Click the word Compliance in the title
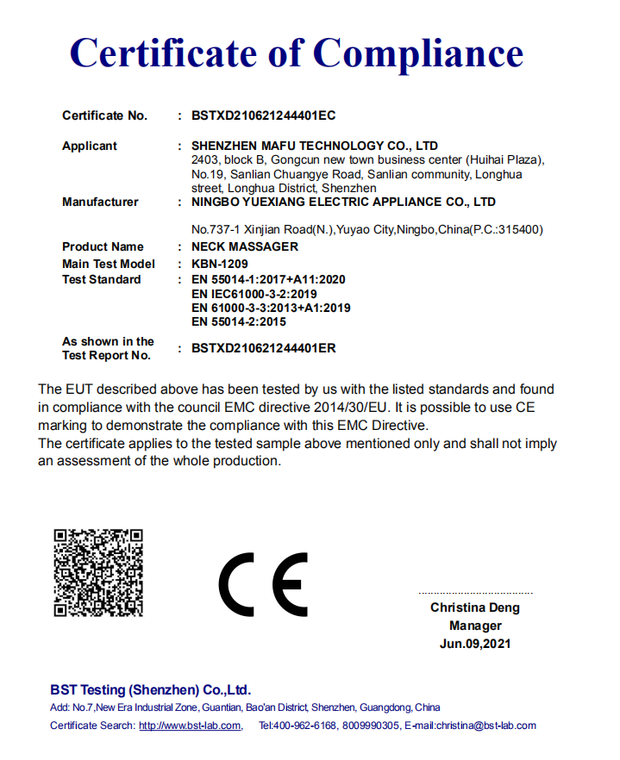click(418, 53)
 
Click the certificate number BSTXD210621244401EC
click(263, 115)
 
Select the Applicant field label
click(90, 146)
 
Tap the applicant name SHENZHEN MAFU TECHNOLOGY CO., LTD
click(314, 146)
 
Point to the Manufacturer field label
click(100, 202)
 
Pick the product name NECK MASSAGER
click(244, 246)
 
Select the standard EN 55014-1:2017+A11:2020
click(267, 280)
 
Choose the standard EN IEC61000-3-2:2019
click(254, 294)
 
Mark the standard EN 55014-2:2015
click(238, 321)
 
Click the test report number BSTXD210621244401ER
click(263, 349)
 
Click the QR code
click(97, 572)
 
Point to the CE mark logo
click(263, 583)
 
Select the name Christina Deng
click(475, 607)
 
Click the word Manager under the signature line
click(475, 626)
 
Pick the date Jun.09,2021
click(475, 644)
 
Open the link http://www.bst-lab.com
click(190, 726)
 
